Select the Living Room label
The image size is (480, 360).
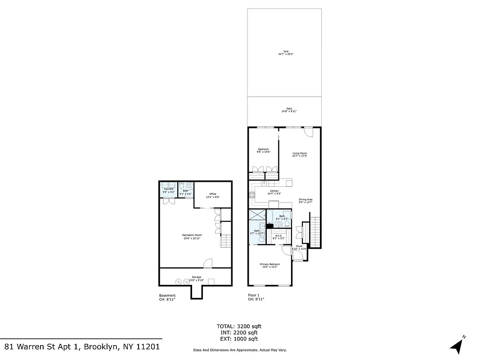click(x=300, y=155)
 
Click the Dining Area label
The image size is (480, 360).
click(x=305, y=201)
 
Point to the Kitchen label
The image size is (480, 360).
click(x=274, y=192)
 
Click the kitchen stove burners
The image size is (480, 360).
click(x=251, y=195)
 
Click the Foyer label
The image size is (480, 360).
click(x=299, y=247)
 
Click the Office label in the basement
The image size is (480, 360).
click(x=213, y=195)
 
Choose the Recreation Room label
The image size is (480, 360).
click(x=192, y=236)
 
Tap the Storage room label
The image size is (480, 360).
click(x=196, y=278)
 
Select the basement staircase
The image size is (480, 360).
click(x=225, y=241)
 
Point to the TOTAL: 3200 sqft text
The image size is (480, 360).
click(x=239, y=326)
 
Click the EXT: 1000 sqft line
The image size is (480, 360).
click(x=239, y=339)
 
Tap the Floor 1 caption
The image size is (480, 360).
click(x=254, y=296)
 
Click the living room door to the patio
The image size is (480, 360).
click(x=308, y=133)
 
